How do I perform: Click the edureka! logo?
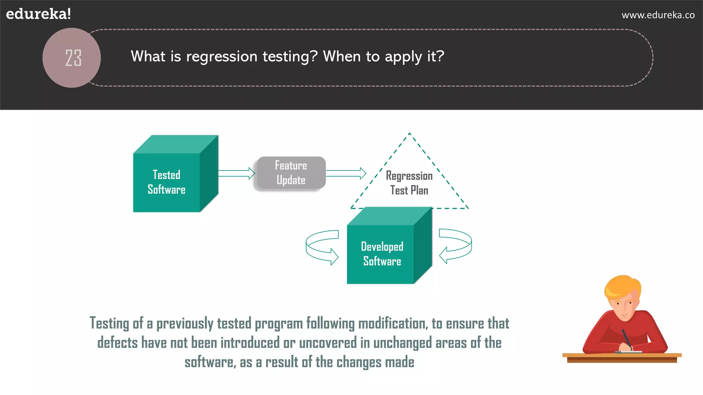coord(38,14)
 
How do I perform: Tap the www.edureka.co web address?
coord(658,15)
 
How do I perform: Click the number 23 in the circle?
coord(73,58)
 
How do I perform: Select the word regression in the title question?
coord(221,57)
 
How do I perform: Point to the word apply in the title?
coord(403,57)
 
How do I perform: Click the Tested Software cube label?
coord(166,182)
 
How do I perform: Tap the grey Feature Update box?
coord(291,173)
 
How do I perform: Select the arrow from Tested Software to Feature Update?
coord(236,173)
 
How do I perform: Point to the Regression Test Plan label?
coord(409,183)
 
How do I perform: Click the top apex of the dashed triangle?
coord(410,134)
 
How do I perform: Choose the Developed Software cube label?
coord(382,254)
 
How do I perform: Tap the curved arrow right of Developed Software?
coord(456,246)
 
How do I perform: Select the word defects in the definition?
coord(117,343)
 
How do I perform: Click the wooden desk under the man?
coord(622,358)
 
